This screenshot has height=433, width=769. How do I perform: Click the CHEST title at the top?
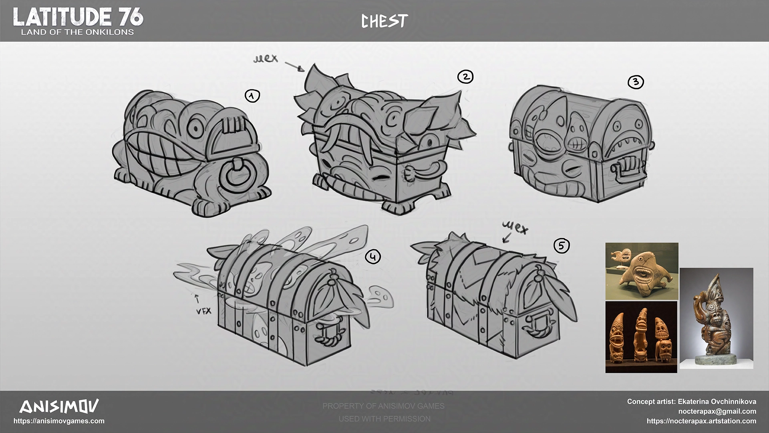[x=384, y=21]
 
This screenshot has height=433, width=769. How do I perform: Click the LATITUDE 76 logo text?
[x=78, y=17]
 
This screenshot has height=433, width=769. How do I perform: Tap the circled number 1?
[x=252, y=96]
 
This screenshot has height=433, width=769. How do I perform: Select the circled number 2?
[x=465, y=77]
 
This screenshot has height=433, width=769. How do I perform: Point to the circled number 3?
[x=636, y=82]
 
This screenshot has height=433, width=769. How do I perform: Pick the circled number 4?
[x=373, y=257]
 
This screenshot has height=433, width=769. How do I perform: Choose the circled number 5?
[x=562, y=245]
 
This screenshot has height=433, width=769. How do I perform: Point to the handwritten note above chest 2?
[x=266, y=59]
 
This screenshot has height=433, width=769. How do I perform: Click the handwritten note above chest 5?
[x=515, y=229]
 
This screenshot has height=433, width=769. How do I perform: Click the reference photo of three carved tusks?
[x=641, y=337]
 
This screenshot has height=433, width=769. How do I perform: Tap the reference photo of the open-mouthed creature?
[x=642, y=271]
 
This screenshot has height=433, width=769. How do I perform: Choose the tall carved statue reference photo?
[x=716, y=318]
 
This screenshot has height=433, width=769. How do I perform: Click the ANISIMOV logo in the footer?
[x=59, y=407]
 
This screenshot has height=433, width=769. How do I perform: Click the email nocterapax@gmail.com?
[x=717, y=411]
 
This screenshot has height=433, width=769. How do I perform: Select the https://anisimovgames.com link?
[x=59, y=421]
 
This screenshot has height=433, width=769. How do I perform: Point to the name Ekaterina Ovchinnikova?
[x=717, y=401]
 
